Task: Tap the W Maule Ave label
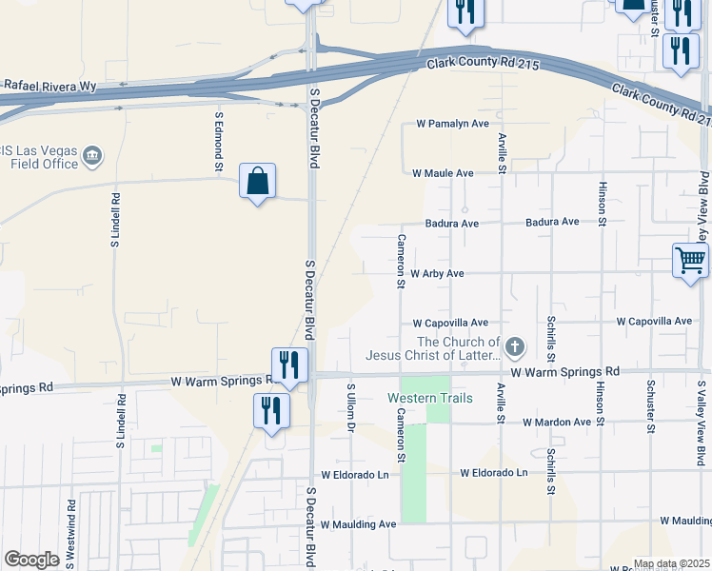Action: click(443, 173)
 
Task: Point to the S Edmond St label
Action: click(219, 143)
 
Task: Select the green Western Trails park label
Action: click(429, 398)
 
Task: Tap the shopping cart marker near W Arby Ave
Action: click(690, 259)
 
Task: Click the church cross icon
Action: click(515, 347)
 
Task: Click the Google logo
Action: click(31, 560)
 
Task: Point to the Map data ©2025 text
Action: click(670, 563)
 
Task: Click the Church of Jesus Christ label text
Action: click(433, 349)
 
